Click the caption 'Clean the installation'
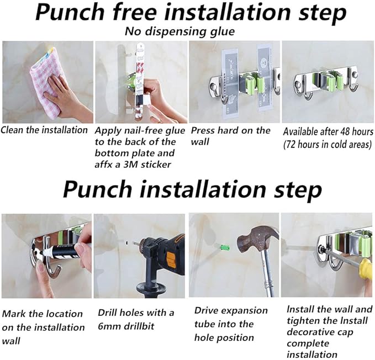pyautogui.click(x=44, y=130)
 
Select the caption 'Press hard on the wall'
pyautogui.click(x=230, y=136)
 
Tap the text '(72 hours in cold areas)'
pyautogui.click(x=328, y=145)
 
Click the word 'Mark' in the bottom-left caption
pyautogui.click(x=14, y=314)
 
